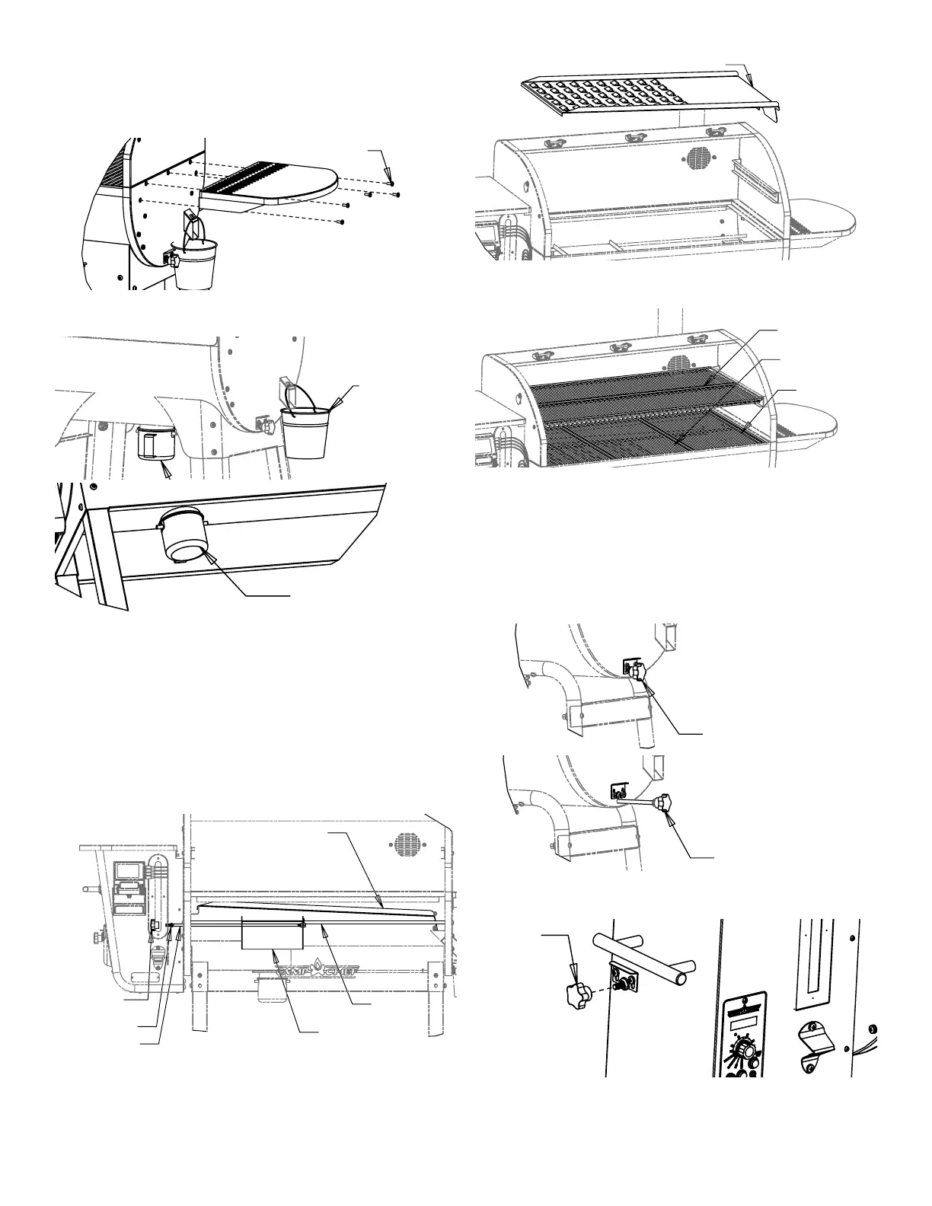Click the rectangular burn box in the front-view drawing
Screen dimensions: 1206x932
272,933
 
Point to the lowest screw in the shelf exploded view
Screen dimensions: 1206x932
342,222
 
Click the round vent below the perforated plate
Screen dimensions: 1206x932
698,158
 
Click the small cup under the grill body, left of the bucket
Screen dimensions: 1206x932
156,444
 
